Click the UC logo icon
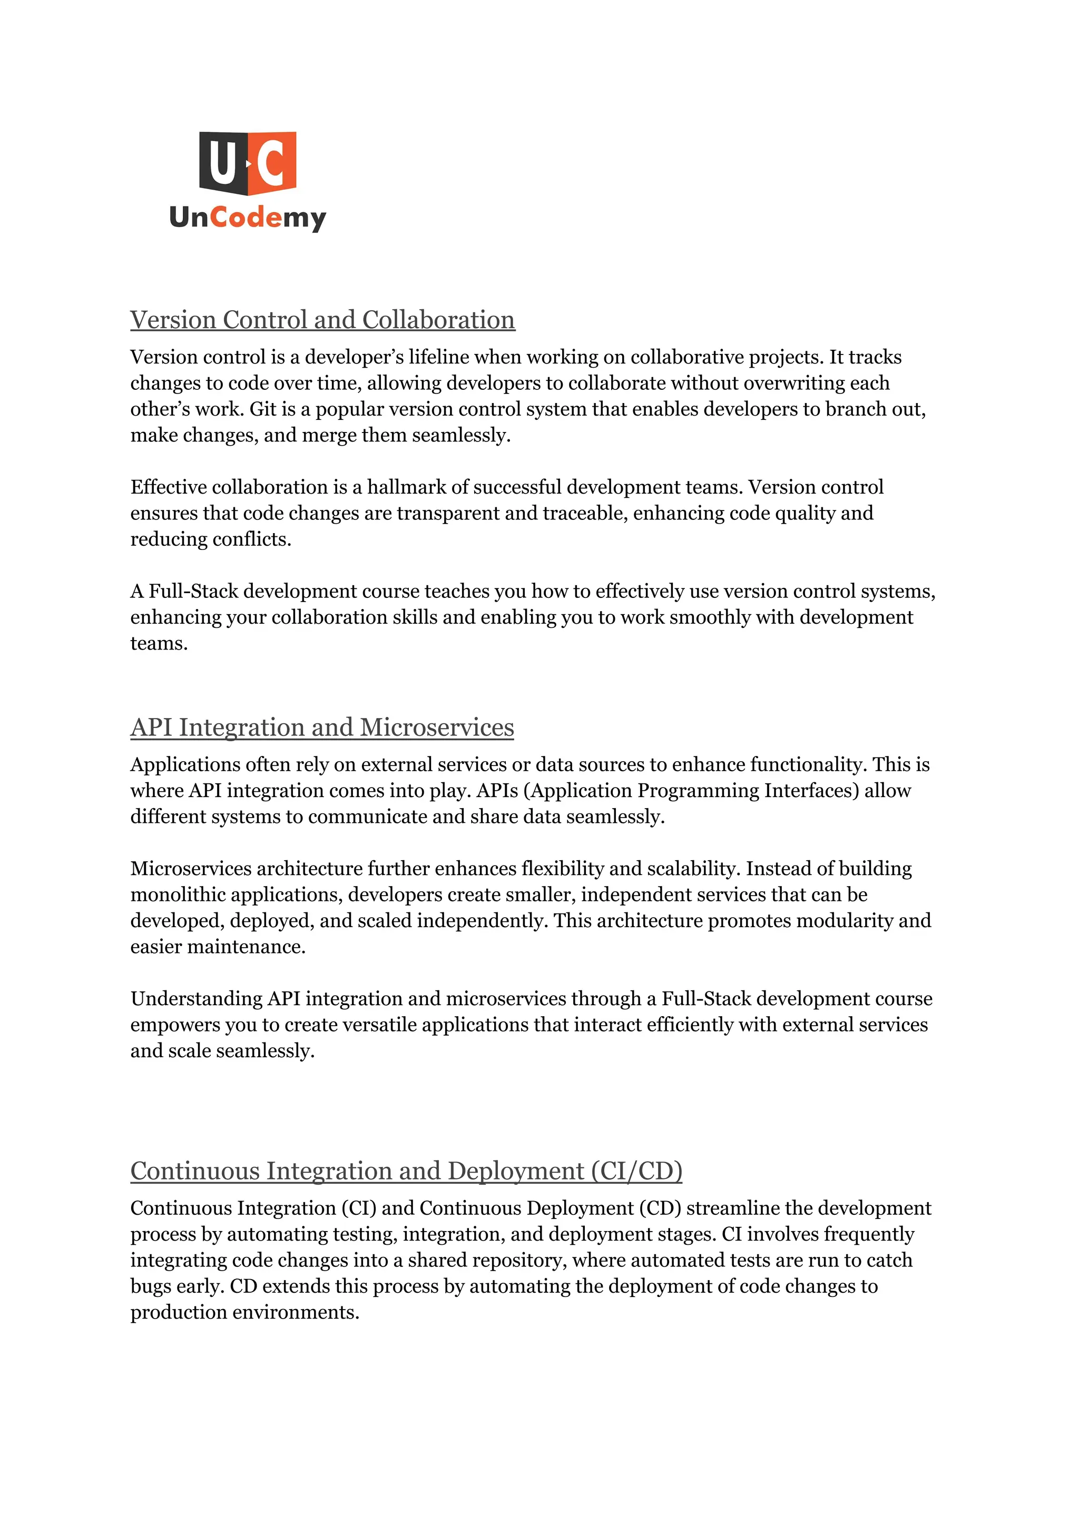(x=247, y=163)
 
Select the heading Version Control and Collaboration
(x=322, y=320)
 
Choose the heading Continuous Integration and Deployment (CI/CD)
(x=406, y=1171)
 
